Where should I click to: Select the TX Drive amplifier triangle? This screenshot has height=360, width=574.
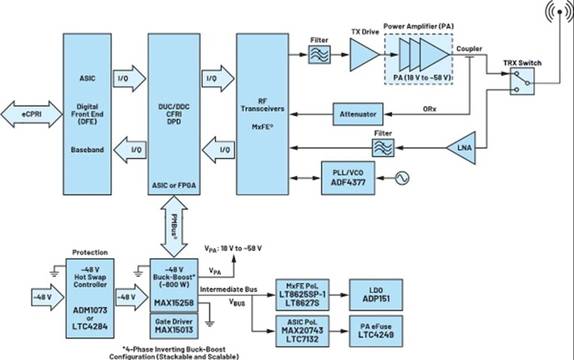(x=359, y=61)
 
